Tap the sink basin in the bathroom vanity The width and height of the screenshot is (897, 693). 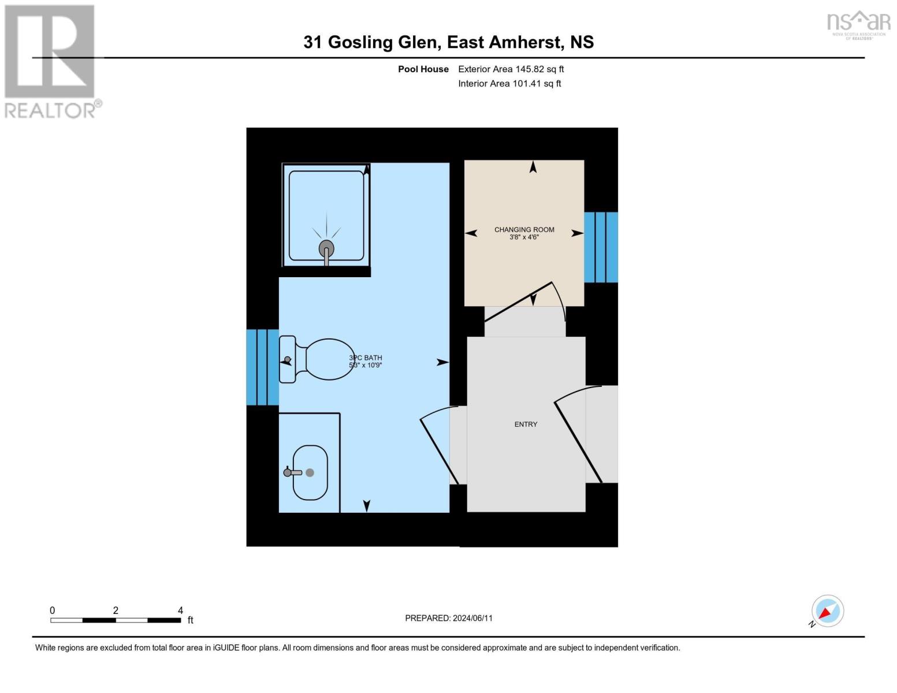point(310,472)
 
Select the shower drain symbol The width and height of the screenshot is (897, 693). point(326,249)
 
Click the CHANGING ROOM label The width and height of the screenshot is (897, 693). point(524,229)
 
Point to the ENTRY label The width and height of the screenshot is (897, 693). point(526,424)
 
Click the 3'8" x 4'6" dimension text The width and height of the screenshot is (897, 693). point(524,237)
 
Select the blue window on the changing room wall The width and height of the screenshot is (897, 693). point(601,247)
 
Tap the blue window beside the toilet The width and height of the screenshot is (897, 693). point(262,367)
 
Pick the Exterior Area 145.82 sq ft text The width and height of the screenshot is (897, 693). point(511,69)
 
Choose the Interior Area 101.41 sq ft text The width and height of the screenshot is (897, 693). point(509,83)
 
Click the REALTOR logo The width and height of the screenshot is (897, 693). point(51,61)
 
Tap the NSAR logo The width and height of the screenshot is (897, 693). point(858,24)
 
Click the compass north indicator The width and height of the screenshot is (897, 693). point(827,611)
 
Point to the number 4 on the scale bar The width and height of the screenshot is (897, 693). point(180,610)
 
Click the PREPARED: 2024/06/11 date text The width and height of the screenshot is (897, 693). point(448,618)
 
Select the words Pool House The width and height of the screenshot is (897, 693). point(423,69)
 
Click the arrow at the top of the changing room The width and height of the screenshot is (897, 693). point(533,167)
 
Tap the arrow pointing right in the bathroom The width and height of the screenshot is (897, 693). point(442,362)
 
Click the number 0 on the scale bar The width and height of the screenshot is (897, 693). point(52,610)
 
